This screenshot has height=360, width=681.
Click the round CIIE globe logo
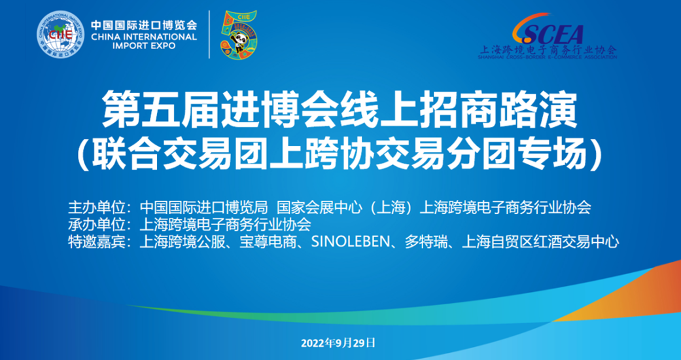61,33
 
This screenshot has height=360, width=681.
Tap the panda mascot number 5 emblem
238,35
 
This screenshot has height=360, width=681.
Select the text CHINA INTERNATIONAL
144,37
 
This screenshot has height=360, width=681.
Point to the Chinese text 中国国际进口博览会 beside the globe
144,26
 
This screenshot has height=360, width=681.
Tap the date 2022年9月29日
338,343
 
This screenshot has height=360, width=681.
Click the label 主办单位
97,208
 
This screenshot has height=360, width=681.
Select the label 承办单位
97,225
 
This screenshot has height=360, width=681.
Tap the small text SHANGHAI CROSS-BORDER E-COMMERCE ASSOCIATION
548,56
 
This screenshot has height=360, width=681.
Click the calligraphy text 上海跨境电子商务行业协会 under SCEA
548,50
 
